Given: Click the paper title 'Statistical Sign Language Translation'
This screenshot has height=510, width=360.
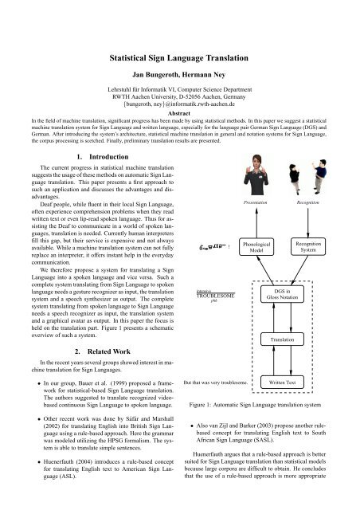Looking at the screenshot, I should pyautogui.click(x=180, y=58).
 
